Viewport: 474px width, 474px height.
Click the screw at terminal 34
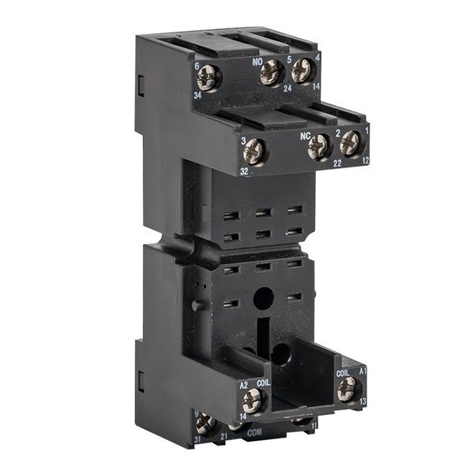[209, 77]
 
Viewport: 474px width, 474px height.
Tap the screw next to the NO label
[271, 73]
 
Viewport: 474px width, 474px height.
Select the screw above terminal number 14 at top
[303, 71]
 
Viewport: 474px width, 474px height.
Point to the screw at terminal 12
[351, 143]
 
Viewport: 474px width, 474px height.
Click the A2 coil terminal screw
[252, 400]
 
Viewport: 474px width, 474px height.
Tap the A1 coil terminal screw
[347, 388]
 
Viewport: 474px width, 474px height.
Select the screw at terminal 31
[205, 424]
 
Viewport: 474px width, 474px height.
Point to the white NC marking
[304, 134]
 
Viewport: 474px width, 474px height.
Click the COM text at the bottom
[254, 433]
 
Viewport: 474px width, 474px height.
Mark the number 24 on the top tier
[288, 89]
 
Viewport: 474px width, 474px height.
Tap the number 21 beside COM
[224, 435]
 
